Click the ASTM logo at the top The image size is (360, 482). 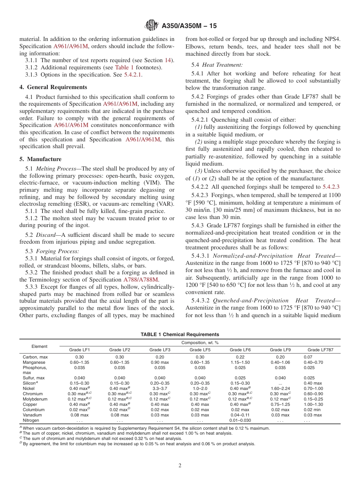(x=152, y=26)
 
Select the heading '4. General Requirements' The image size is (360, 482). (x=53, y=87)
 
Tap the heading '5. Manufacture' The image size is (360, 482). (x=40, y=159)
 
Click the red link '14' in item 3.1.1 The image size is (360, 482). (x=167, y=60)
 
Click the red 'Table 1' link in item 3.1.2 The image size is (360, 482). (x=124, y=67)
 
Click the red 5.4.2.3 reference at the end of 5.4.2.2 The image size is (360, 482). (x=331, y=186)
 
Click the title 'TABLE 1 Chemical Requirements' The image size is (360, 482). (x=180, y=334)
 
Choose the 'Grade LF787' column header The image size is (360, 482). (x=320, y=350)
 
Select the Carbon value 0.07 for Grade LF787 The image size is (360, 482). (x=308, y=357)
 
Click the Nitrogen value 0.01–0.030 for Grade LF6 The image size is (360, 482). (x=240, y=420)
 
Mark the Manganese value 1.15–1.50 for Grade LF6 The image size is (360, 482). (x=240, y=362)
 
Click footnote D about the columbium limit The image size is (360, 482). (x=138, y=444)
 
